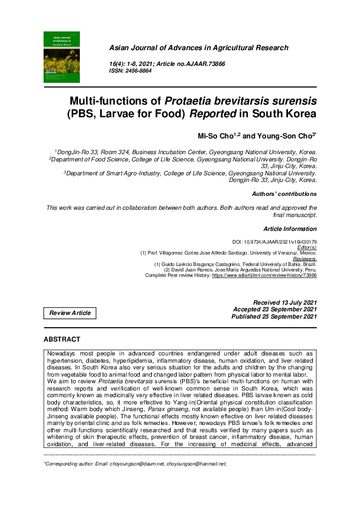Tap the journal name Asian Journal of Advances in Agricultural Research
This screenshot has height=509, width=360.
coord(198,48)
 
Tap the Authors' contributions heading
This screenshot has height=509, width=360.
coord(284,194)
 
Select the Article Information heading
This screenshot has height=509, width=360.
coord(289,229)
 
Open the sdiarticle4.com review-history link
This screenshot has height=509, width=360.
coord(264,275)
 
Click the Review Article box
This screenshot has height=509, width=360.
coord(70,313)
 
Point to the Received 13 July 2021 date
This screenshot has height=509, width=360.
coord(285,302)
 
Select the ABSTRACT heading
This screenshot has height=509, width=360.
coord(62,340)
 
